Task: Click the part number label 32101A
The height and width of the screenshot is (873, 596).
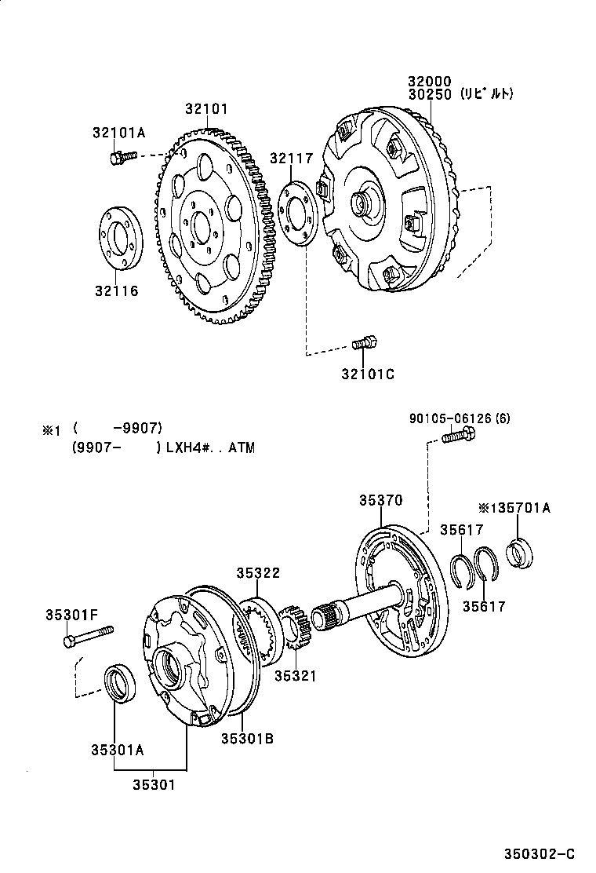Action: pos(119,133)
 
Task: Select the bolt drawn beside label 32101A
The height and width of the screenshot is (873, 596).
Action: pos(122,158)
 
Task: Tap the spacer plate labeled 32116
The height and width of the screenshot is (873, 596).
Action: pos(120,237)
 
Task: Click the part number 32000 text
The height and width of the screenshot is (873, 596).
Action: pos(431,81)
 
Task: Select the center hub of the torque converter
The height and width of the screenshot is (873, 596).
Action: pos(363,202)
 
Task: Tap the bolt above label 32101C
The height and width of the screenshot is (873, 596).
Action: pos(365,342)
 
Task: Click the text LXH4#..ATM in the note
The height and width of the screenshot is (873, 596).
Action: pos(210,448)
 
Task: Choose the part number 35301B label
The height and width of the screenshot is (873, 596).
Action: pos(246,738)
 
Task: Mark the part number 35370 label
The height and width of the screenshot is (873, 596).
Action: pos(381,499)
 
